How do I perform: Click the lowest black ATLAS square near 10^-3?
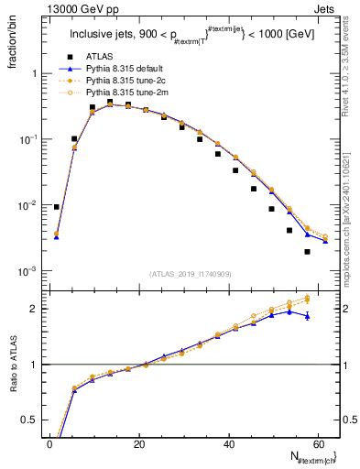[x=307, y=251]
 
